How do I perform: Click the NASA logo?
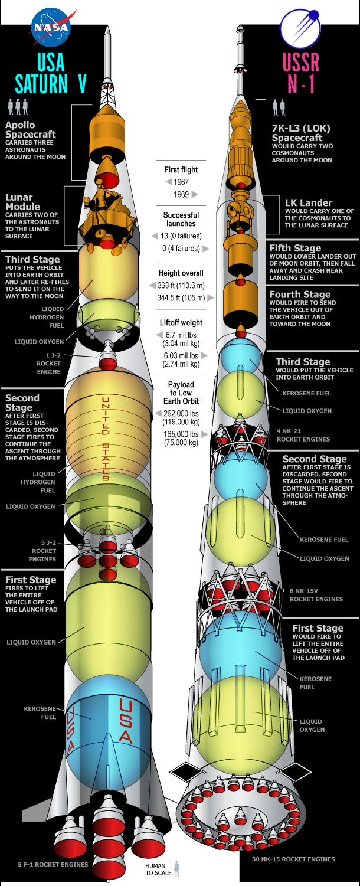click(x=51, y=28)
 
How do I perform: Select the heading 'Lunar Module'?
click(x=22, y=202)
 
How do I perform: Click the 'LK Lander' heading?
click(x=309, y=202)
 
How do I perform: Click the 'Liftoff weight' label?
click(x=181, y=323)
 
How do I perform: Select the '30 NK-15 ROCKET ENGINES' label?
click(x=293, y=859)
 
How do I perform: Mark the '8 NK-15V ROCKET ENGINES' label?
click(x=316, y=594)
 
